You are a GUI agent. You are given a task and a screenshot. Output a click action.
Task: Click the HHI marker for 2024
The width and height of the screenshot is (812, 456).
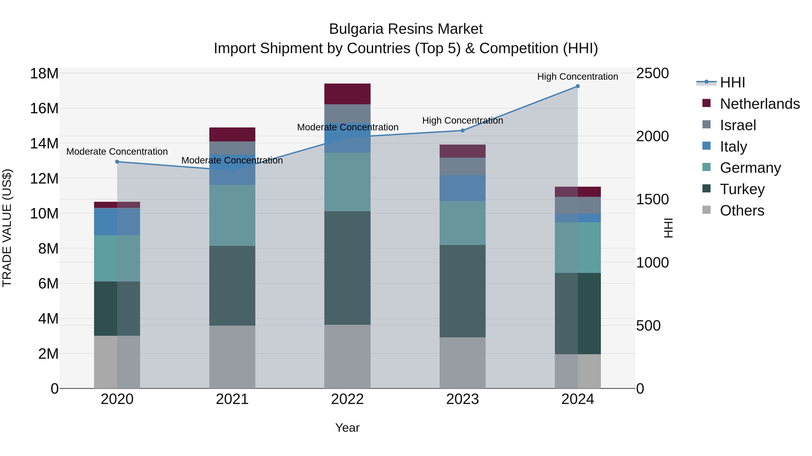click(577, 86)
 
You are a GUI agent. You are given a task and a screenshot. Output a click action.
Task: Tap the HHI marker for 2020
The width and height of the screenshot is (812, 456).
click(117, 162)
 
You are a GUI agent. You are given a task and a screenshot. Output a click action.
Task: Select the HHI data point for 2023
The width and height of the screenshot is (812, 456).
click(462, 130)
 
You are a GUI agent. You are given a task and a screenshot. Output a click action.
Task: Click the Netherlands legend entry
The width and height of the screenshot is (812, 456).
click(760, 104)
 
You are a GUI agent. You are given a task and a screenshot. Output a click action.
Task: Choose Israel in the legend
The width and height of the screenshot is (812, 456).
click(738, 125)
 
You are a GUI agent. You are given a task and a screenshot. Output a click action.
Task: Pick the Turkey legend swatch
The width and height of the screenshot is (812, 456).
click(706, 189)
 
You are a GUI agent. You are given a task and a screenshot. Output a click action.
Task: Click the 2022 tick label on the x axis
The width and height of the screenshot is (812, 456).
click(347, 399)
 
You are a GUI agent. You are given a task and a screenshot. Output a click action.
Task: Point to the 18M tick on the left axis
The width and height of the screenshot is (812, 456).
click(44, 74)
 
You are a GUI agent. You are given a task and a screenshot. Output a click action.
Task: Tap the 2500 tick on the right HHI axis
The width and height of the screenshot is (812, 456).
click(652, 74)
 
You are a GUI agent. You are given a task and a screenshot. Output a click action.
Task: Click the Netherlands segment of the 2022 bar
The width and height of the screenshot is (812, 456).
click(347, 94)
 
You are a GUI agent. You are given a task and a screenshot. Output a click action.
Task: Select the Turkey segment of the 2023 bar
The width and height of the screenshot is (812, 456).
click(462, 291)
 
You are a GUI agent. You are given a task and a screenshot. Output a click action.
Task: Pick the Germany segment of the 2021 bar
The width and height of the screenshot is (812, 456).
click(232, 215)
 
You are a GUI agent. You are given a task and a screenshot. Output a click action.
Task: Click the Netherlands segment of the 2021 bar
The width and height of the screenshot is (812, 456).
click(232, 134)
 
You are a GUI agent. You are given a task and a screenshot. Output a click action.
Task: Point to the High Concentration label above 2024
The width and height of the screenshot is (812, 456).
click(577, 77)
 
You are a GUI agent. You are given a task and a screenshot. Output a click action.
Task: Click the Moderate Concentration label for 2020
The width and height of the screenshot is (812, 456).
click(117, 152)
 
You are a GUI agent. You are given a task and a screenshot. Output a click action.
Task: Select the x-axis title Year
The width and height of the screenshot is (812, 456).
click(347, 428)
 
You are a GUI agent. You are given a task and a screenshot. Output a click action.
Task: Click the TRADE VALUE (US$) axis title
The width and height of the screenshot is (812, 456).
click(7, 228)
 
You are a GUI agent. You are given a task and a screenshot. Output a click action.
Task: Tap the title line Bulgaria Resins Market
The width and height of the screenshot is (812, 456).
click(406, 29)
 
